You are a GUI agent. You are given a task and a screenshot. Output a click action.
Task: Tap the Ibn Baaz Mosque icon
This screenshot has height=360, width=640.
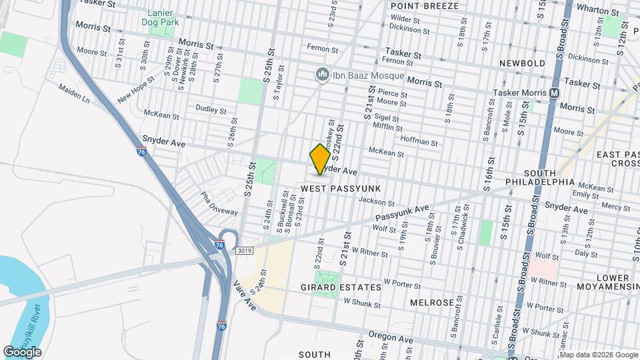322,73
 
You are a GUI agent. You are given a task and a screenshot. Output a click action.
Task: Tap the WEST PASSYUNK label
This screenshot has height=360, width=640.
340,189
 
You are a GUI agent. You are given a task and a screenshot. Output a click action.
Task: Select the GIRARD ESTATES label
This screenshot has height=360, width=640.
349,287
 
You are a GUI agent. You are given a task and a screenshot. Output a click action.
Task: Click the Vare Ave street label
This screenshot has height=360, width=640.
245,295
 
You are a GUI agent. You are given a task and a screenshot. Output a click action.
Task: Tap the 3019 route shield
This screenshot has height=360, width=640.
243,250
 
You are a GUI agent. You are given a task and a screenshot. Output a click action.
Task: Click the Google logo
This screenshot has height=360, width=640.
22,351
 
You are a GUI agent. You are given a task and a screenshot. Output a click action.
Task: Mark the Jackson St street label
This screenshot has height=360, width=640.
372,200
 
